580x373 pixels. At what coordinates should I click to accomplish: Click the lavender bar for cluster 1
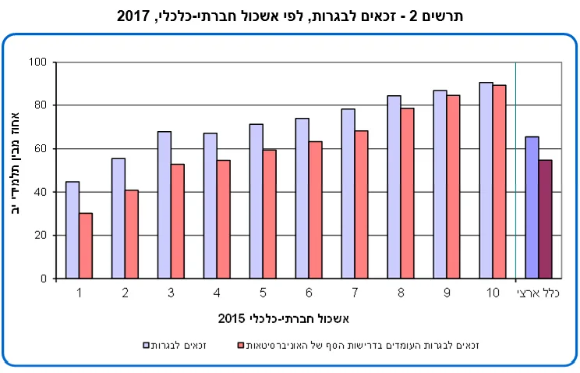tap(72, 230)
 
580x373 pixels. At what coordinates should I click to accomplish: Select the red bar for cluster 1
tap(86, 246)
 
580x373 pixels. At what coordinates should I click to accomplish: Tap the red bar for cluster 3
tap(178, 221)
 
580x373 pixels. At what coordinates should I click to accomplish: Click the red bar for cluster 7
tap(362, 204)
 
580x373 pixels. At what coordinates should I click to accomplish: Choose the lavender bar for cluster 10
tap(486, 180)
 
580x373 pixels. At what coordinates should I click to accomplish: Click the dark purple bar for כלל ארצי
tap(546, 219)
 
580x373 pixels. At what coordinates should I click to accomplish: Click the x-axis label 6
tap(309, 293)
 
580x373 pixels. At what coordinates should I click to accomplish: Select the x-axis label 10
tap(492, 293)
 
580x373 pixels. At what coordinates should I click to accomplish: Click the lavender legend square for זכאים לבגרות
tap(146, 344)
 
